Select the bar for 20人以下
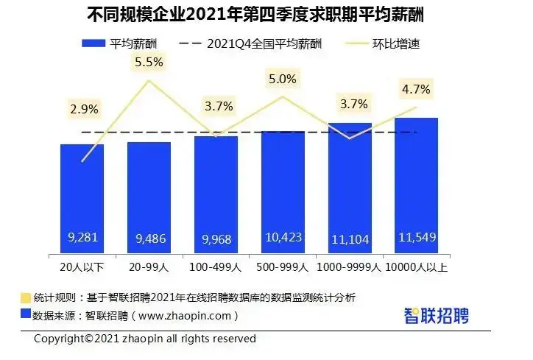click(x=82, y=199)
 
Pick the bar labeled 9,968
click(x=216, y=195)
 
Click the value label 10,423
click(x=283, y=238)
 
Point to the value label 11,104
click(x=350, y=238)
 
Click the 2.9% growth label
click(x=84, y=109)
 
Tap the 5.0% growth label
click(x=283, y=79)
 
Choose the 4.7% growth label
click(x=417, y=90)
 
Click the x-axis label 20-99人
click(x=149, y=264)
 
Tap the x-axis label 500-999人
click(x=283, y=264)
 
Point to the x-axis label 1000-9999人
click(x=350, y=264)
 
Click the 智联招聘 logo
click(x=437, y=316)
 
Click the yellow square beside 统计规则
click(x=26, y=298)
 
